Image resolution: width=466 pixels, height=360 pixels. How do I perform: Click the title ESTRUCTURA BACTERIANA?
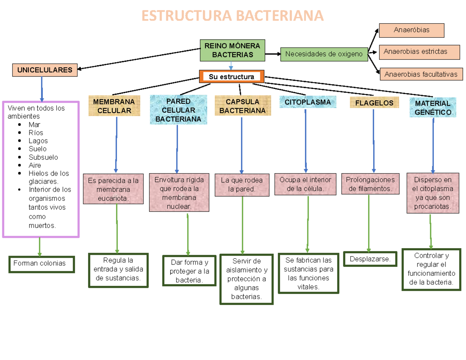click(x=232, y=16)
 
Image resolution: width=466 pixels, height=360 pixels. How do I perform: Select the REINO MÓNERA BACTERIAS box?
click(x=232, y=50)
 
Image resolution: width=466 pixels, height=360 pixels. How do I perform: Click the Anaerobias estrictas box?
click(x=415, y=52)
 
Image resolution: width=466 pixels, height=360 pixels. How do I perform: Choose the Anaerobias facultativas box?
click(x=421, y=74)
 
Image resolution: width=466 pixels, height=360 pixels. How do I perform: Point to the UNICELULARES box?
click(x=45, y=70)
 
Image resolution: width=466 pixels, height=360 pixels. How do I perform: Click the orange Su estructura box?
click(x=231, y=77)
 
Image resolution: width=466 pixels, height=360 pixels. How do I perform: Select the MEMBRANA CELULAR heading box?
click(x=114, y=106)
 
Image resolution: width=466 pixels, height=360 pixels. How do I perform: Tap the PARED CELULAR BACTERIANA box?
click(x=178, y=110)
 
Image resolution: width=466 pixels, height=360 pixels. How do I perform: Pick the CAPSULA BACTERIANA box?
click(x=242, y=106)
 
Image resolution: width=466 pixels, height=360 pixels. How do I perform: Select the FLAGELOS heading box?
click(x=374, y=103)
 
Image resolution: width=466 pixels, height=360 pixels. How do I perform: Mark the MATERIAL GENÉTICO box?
click(x=433, y=108)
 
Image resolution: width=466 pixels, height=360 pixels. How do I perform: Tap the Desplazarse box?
click(x=370, y=259)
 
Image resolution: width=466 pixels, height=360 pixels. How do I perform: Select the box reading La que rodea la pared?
click(x=242, y=185)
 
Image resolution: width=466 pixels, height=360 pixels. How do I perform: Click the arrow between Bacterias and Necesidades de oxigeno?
click(x=273, y=54)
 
